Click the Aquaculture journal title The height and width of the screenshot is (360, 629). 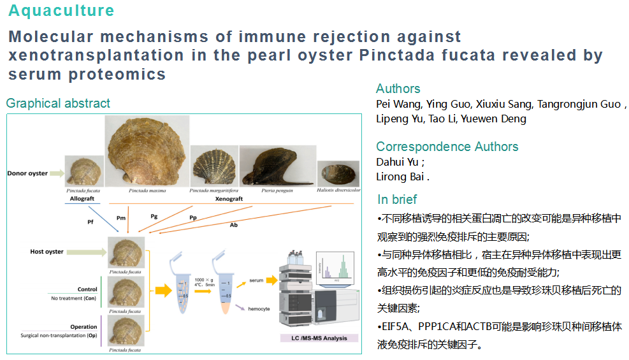(x=61, y=11)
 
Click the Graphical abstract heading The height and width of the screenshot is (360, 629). (x=58, y=103)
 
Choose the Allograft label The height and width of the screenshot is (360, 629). (x=82, y=199)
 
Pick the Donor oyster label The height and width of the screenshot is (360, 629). (x=27, y=173)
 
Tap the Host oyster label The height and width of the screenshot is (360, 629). (x=47, y=252)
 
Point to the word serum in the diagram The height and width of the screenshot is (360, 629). (x=256, y=280)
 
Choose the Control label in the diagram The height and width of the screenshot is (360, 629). (x=87, y=289)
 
